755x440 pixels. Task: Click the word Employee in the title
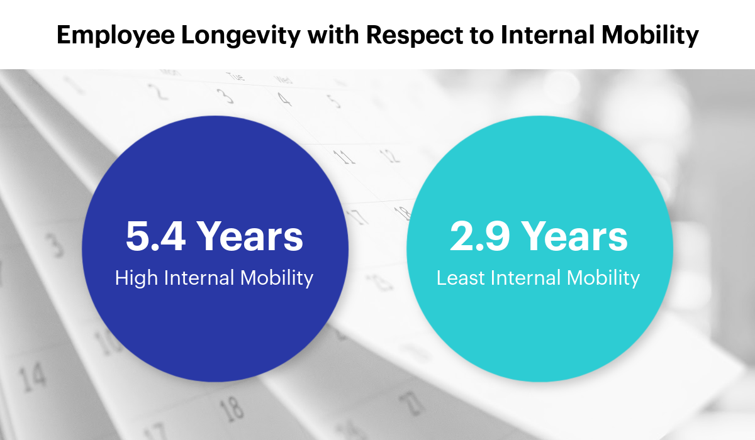(x=116, y=35)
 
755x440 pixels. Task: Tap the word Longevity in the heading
(x=240, y=35)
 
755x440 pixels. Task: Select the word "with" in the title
(x=333, y=35)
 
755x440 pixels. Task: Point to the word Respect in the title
(x=415, y=35)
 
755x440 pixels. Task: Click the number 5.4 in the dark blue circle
(x=155, y=236)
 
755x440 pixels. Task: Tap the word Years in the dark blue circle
(x=250, y=236)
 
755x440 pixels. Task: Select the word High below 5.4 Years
(x=137, y=278)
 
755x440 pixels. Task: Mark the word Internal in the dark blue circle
(x=199, y=278)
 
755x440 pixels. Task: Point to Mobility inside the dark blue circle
(x=277, y=278)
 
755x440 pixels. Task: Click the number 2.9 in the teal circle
(x=480, y=236)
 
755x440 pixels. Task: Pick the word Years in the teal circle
(x=574, y=236)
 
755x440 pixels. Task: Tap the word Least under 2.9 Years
(x=461, y=278)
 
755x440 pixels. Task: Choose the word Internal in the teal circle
(x=525, y=278)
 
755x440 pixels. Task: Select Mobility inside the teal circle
(x=603, y=278)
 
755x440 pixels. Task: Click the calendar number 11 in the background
(x=344, y=157)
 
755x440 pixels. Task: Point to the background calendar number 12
(x=389, y=155)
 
